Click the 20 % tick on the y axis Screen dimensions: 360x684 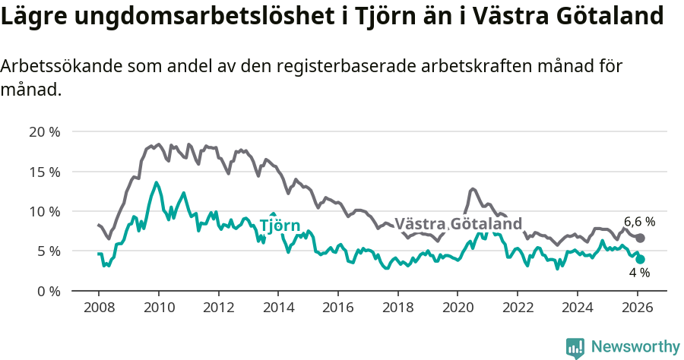[x=44, y=131]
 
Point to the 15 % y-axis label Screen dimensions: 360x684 [x=44, y=172]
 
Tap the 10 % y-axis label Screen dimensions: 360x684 [x=44, y=211]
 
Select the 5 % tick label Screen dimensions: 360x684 [x=47, y=251]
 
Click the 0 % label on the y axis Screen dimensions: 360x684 [x=47, y=291]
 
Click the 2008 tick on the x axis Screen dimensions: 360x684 [x=99, y=308]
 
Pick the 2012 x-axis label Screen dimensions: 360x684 [x=218, y=308]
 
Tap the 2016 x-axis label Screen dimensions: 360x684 [x=338, y=308]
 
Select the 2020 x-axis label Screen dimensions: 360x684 [x=458, y=308]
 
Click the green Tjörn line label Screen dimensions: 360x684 [x=280, y=226]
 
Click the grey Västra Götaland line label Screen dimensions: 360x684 [x=458, y=224]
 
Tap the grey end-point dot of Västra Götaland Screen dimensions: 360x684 [x=641, y=238]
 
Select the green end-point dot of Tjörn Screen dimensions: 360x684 [x=641, y=259]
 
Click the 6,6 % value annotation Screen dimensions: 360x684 [x=639, y=222]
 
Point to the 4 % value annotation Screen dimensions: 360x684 [x=639, y=273]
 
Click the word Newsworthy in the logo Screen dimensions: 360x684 [x=635, y=347]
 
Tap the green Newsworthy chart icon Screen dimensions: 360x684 [x=575, y=347]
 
